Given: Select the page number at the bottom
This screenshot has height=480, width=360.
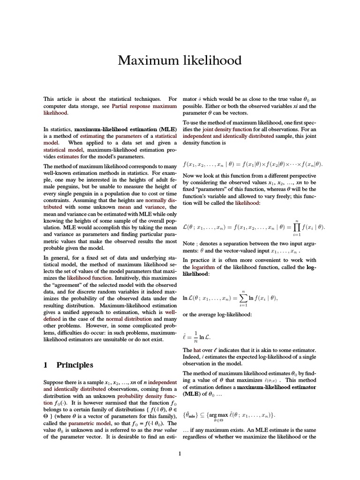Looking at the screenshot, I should point(180,453).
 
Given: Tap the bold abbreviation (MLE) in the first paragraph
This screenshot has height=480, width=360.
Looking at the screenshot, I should point(167,128).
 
